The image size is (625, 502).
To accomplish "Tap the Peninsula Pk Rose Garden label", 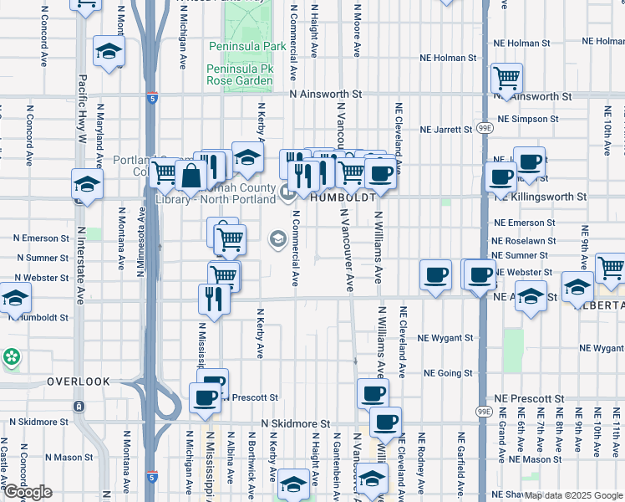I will click(x=241, y=73).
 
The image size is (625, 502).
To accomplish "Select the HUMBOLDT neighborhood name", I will click(x=342, y=198).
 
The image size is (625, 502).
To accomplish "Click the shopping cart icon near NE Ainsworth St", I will click(x=506, y=79).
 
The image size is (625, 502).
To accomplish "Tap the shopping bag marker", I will click(x=191, y=175).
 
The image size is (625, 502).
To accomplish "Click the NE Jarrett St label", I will click(x=447, y=131).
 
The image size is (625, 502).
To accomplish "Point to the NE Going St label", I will click(x=448, y=373).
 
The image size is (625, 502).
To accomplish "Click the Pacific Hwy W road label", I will click(x=82, y=109).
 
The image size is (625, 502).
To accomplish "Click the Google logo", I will click(x=28, y=493).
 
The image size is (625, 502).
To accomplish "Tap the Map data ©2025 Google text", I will click(x=574, y=496).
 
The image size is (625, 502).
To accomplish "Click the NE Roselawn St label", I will click(x=525, y=241).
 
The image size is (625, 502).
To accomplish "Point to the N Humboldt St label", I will click(x=40, y=318).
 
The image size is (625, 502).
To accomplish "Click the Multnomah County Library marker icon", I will click(x=288, y=194).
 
